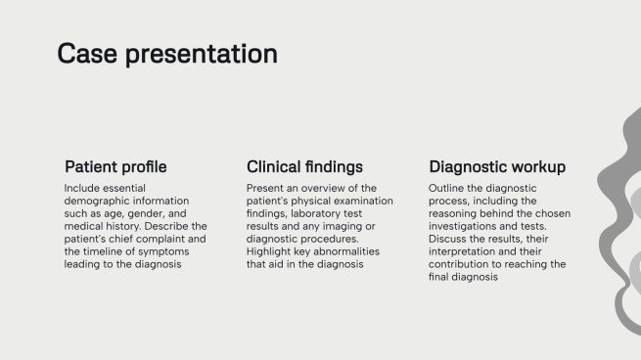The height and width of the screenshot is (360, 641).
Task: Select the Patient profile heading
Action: tap(115, 166)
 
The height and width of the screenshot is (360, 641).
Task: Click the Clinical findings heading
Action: tap(304, 166)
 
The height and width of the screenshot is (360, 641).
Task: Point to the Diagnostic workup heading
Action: tap(497, 166)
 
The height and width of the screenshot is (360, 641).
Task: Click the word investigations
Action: tap(463, 226)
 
